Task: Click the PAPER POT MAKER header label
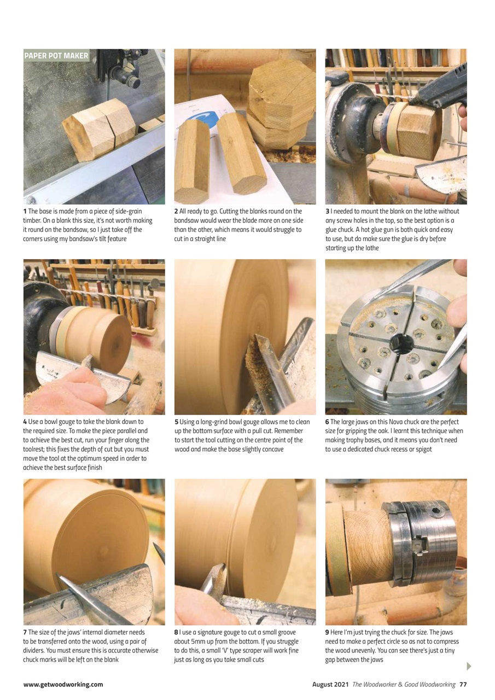56,56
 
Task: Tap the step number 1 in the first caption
25,211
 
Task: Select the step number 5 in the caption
176,422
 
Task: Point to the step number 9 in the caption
327,632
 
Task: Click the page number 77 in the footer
463,684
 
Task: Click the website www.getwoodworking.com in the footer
63,684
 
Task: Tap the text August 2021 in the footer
330,684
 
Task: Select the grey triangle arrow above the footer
468,666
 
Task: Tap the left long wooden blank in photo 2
192,161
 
